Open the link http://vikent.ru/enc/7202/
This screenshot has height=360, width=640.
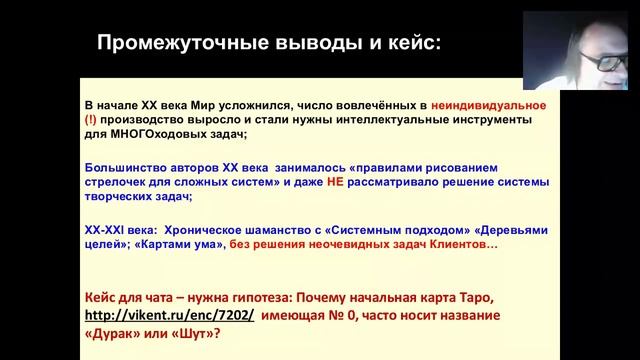[x=169, y=314]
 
